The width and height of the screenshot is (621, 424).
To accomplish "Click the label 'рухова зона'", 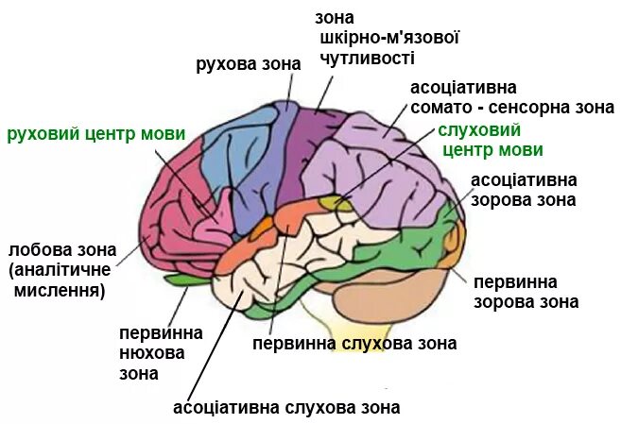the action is pos(248,65).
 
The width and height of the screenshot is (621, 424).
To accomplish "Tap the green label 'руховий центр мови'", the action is pos(95,133).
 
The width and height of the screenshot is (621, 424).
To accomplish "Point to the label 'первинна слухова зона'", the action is pos(354,343).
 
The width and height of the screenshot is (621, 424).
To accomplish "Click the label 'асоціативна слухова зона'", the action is pos(286,408).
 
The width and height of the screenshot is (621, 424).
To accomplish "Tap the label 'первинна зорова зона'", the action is pos(526,292).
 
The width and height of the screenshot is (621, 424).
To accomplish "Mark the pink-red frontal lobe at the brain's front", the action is pos(170,208).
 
